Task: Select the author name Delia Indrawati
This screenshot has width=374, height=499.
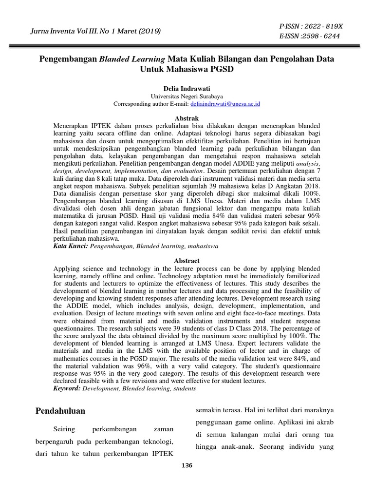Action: (187, 90)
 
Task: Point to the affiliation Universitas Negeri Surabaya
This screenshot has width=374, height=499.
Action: (187, 97)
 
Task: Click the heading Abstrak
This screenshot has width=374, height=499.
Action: (187, 118)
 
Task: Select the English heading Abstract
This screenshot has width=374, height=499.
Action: (187, 261)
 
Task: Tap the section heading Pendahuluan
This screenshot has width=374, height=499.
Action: (60, 411)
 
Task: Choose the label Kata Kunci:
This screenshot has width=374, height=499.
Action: (70, 247)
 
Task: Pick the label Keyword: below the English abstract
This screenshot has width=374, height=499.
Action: (67, 389)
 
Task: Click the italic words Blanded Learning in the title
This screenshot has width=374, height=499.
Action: (132, 59)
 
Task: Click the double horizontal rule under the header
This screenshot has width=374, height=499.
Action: (187, 47)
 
